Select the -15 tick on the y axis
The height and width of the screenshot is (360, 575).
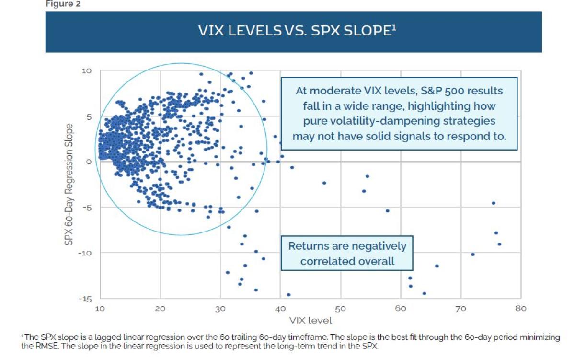point(84,299)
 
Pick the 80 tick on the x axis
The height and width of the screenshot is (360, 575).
point(520,308)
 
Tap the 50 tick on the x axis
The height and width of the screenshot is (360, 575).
point(340,308)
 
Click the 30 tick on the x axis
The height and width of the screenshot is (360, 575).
point(220,308)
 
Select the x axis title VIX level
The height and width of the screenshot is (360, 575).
point(310,320)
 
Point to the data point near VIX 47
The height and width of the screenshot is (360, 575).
point(324,183)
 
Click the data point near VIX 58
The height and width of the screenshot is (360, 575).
point(388,211)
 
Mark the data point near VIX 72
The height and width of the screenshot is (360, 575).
point(472,255)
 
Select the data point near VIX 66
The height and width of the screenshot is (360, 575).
point(437,266)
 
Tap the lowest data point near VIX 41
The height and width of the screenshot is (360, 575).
point(288,295)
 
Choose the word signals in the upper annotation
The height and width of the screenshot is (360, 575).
point(408,136)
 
